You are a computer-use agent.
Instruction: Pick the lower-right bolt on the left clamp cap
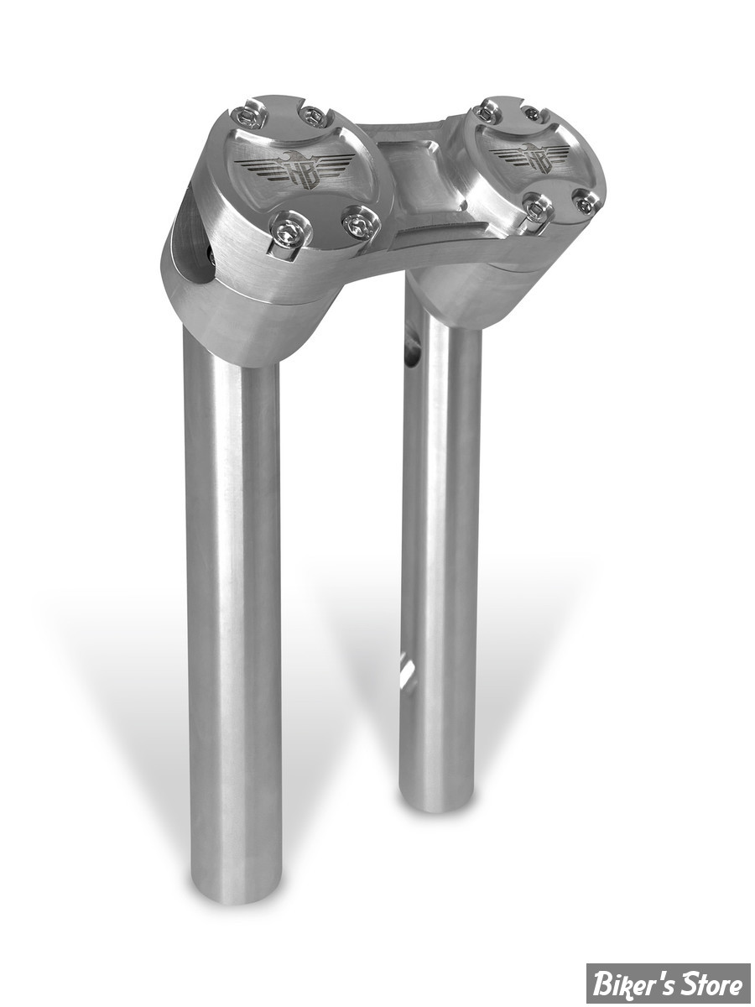361,226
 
